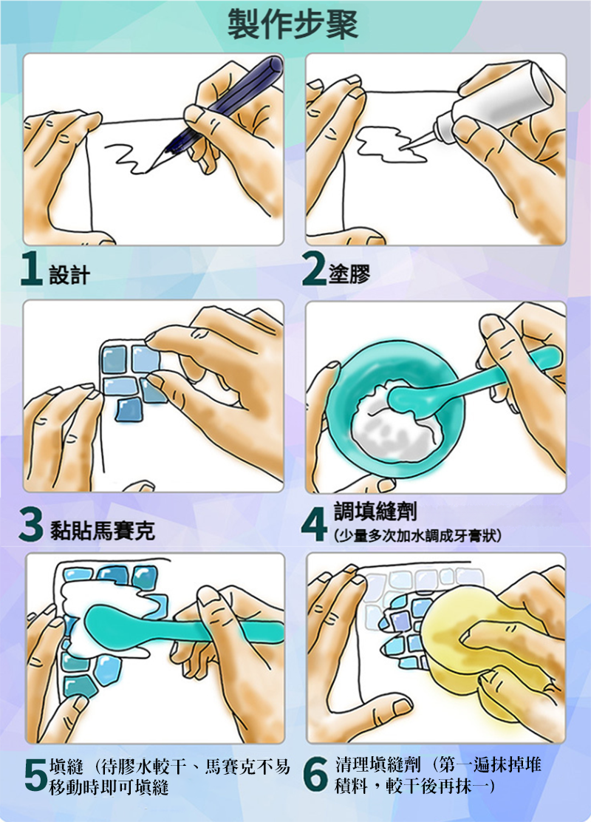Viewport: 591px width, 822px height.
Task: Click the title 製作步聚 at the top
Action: [x=293, y=24]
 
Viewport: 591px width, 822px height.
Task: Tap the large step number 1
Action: [x=32, y=270]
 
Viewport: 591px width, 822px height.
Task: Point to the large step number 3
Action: [x=30, y=526]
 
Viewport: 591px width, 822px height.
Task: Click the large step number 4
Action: [x=315, y=526]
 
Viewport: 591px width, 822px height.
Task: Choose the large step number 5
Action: [x=35, y=774]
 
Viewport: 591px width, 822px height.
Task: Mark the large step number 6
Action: [x=316, y=774]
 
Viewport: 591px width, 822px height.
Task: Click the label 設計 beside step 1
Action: [x=69, y=275]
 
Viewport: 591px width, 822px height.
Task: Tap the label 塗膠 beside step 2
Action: [x=349, y=274]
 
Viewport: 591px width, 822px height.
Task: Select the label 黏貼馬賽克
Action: [x=103, y=531]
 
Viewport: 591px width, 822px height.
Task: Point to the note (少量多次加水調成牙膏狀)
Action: [x=417, y=535]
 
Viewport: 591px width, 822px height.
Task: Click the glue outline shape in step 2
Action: [x=390, y=143]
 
